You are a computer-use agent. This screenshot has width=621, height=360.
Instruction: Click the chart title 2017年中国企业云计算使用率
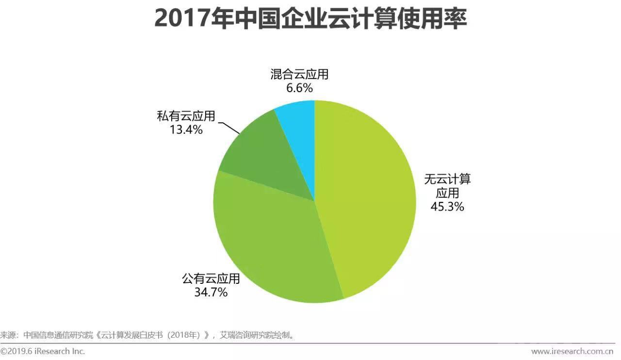pos(310,19)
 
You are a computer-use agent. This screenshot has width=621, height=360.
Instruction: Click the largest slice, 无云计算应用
pos(369,194)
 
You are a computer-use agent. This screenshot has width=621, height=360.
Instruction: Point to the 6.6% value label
pos(299,88)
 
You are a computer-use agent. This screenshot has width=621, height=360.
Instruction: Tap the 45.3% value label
pos(447,207)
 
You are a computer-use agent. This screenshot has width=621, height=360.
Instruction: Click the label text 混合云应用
pos(299,75)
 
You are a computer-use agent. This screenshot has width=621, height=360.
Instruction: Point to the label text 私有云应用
pos(186,116)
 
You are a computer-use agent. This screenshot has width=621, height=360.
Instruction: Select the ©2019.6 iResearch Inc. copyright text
pos(43,351)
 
